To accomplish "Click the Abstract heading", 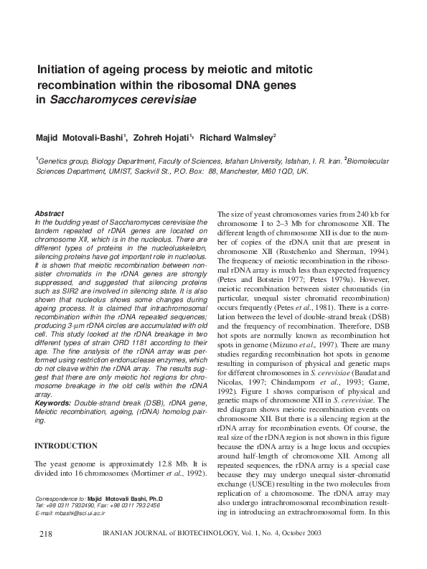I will point(50,214).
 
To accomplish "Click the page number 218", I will point(42,535).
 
